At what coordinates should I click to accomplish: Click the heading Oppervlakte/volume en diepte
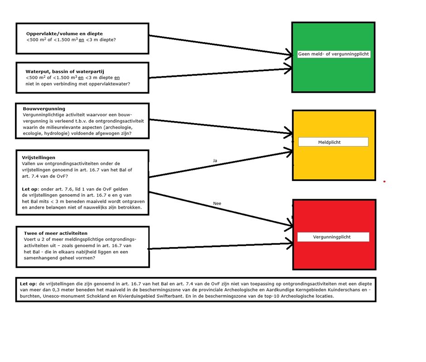pos(64,33)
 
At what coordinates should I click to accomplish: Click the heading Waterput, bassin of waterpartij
pos(65,71)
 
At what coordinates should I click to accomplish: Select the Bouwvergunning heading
pos(44,109)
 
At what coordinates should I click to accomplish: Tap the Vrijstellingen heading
pos(39,157)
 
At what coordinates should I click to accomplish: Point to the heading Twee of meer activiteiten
pos(56,233)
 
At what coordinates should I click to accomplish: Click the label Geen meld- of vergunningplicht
pos(334,54)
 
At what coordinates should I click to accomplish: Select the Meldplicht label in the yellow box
pos(329,142)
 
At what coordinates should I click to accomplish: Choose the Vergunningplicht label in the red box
pos(332,237)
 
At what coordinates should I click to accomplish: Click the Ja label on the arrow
pos(215,161)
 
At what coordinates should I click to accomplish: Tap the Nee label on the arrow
pos(217,204)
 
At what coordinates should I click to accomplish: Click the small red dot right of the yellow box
pos(384,181)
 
